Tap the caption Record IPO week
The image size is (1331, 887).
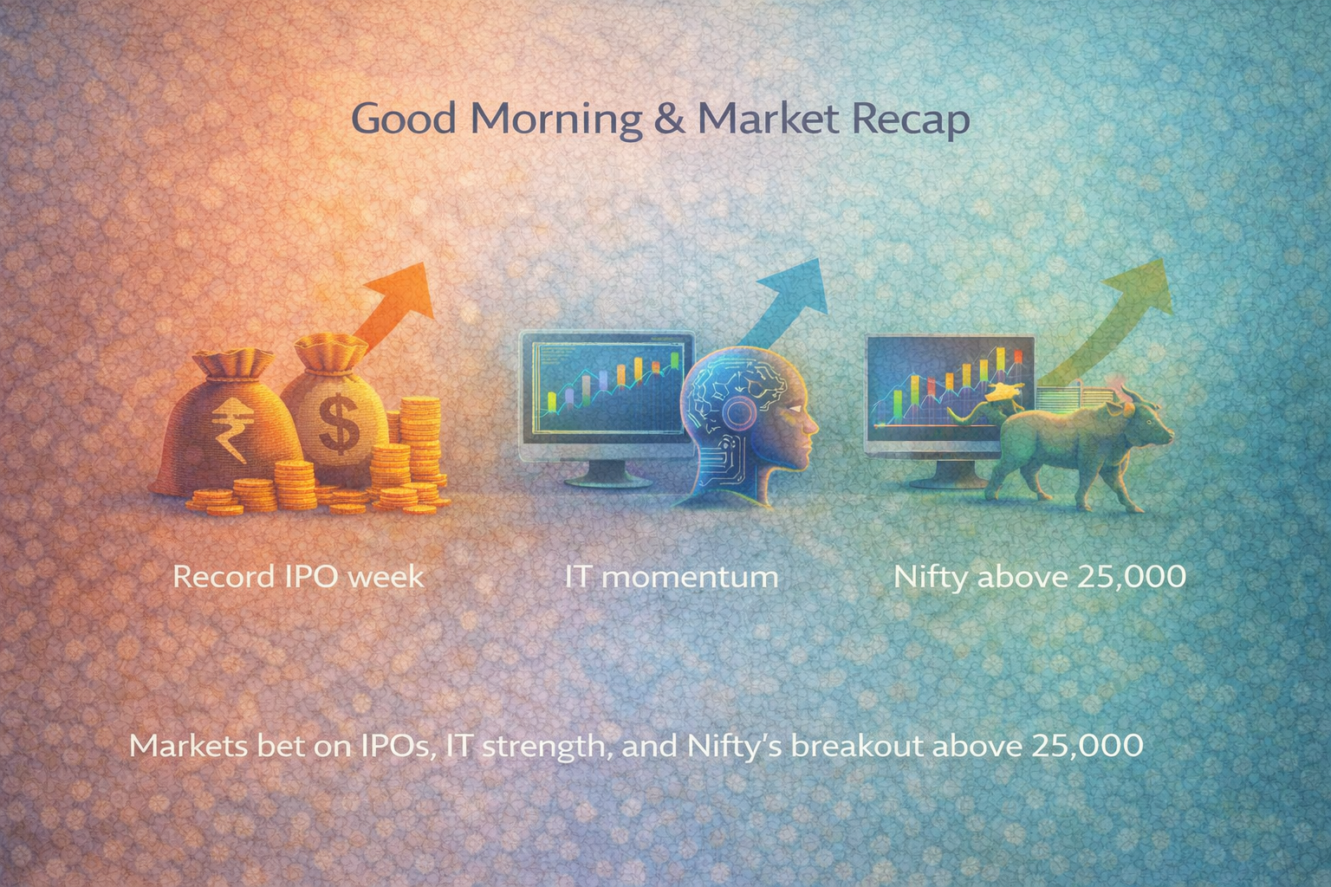[x=298, y=576]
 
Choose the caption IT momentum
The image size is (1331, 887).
[x=671, y=576]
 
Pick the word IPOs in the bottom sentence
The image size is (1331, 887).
[x=396, y=745]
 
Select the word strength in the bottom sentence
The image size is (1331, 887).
[x=541, y=747]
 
